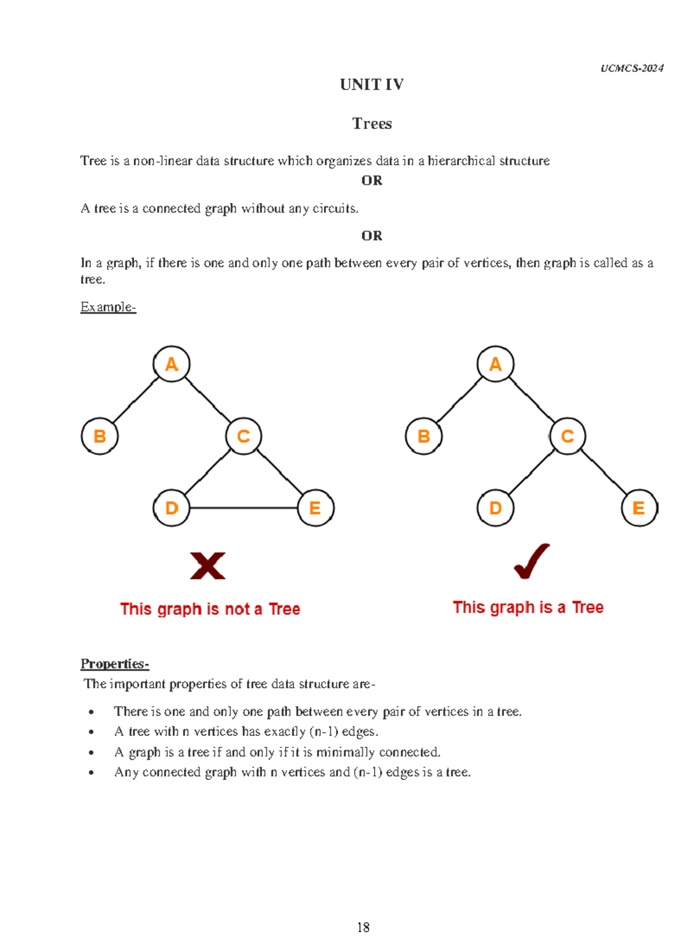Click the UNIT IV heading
click(372, 85)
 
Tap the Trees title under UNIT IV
click(372, 124)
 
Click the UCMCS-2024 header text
click(632, 68)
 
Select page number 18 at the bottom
click(363, 927)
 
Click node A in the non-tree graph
click(171, 364)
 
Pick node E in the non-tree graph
click(315, 508)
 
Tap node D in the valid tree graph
click(495, 508)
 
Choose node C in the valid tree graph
click(567, 436)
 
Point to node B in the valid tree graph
click(423, 436)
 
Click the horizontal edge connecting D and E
click(243, 508)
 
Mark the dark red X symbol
click(208, 565)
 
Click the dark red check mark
click(531, 561)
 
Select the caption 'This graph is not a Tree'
click(210, 609)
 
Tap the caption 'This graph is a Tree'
click(528, 607)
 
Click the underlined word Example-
click(108, 307)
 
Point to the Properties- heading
click(114, 664)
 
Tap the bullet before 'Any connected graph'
click(91, 772)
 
